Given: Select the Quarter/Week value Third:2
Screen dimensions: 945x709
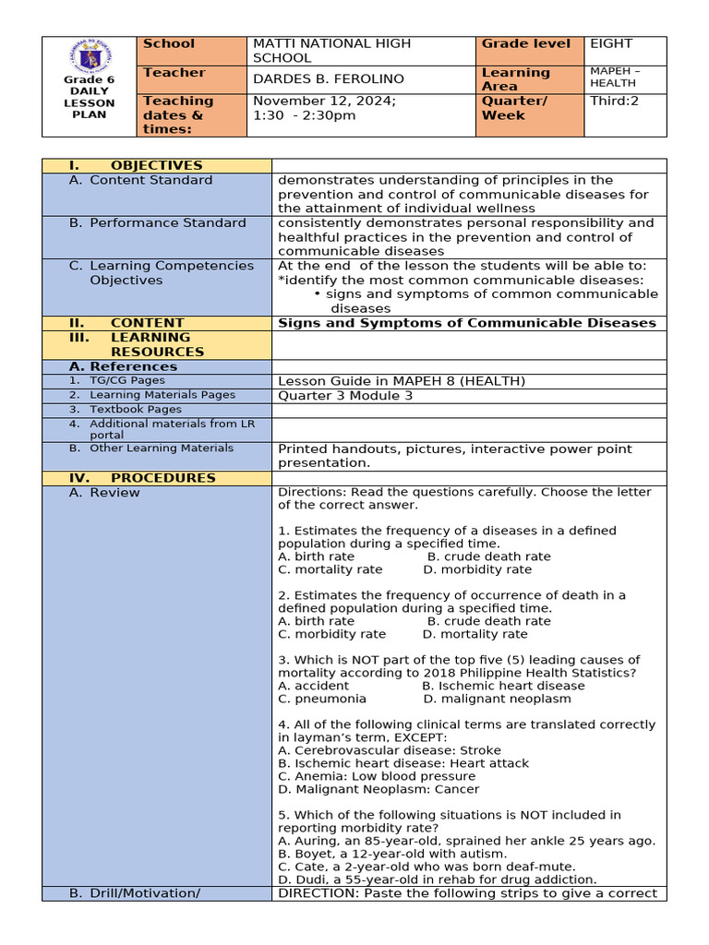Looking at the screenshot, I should tap(614, 101).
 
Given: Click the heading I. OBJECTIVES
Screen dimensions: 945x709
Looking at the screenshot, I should tap(136, 165).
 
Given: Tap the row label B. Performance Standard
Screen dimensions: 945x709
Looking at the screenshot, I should tap(157, 222).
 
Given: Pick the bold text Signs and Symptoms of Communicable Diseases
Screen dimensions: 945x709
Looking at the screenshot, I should tap(466, 323).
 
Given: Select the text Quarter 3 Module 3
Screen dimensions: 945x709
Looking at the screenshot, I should tap(345, 396).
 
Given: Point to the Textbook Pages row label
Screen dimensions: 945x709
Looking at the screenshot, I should tap(135, 409).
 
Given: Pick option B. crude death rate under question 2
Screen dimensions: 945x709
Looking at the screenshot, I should tap(488, 621).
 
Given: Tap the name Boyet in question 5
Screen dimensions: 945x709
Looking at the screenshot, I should tap(312, 854).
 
